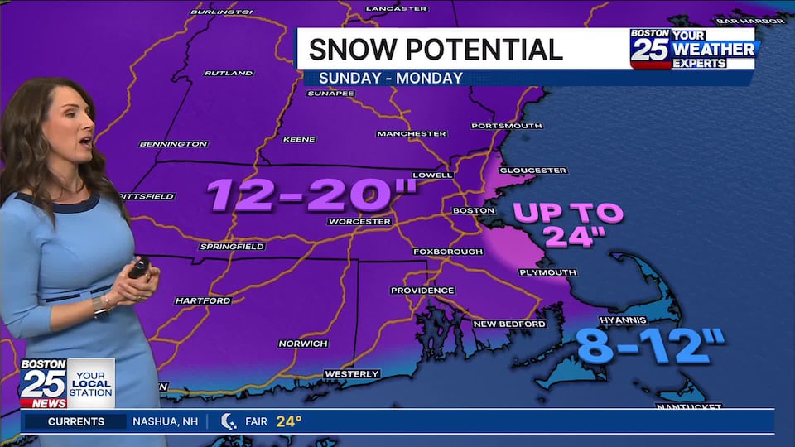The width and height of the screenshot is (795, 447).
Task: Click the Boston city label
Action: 473,210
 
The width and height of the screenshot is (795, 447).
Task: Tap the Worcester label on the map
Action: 359,221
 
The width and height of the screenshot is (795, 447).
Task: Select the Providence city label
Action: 422,291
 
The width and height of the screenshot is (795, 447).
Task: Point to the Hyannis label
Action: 623,319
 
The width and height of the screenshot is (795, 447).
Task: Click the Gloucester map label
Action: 532,171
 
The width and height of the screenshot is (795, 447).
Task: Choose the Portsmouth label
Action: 506,126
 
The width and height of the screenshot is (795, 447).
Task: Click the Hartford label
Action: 203,300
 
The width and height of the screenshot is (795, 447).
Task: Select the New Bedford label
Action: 509,324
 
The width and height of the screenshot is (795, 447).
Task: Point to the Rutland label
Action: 229,73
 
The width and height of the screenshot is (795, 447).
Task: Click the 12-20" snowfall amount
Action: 311,195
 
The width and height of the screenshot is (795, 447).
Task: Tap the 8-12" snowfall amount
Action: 651,346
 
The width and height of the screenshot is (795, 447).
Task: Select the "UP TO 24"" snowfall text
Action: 567,224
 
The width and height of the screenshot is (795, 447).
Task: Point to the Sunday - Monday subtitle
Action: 383,78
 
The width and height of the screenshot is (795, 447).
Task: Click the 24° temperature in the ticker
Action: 289,421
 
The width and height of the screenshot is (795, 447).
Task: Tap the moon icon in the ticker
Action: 229,421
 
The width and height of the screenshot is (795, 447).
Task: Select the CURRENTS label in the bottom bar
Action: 76,421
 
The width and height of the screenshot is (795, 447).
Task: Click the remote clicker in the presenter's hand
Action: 137,267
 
